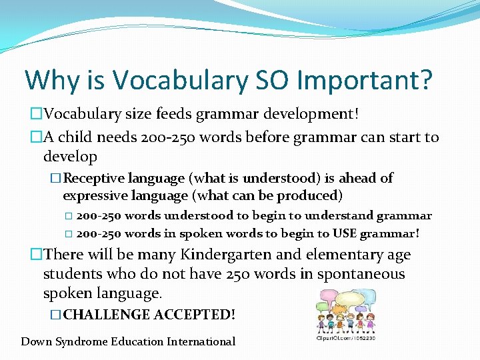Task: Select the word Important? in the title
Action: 365,80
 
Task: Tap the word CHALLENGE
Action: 107,314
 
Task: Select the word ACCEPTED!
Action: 194,314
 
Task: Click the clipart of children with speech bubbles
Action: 345,310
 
